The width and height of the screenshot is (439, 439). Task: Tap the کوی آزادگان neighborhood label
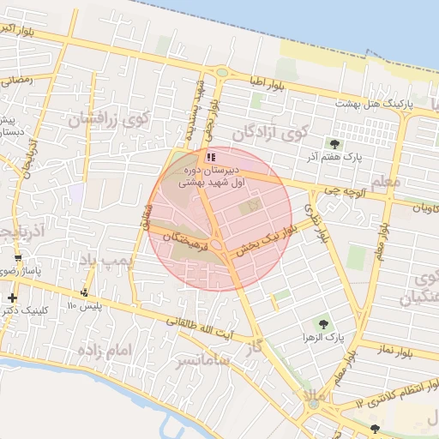268,132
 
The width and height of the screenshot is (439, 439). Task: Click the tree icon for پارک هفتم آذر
334,144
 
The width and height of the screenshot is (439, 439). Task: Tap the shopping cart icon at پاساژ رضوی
18,258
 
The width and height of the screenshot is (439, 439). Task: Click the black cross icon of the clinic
12,298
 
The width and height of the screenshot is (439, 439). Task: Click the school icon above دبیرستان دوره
210,157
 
